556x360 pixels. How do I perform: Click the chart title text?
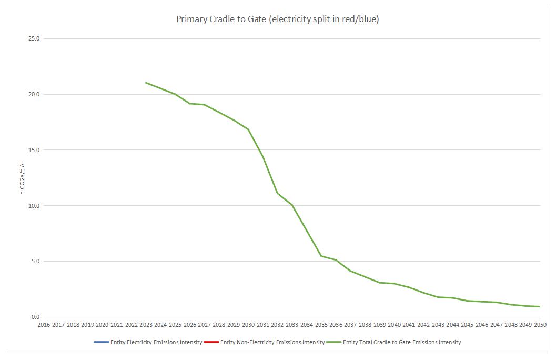click(277, 19)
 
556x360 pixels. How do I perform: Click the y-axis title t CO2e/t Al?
click(22, 178)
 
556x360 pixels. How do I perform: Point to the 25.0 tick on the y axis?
click(34, 39)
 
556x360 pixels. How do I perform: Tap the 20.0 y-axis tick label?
click(34, 95)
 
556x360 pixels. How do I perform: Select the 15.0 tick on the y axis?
click(34, 150)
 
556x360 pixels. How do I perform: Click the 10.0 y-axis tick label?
click(34, 206)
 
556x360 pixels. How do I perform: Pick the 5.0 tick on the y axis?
click(36, 262)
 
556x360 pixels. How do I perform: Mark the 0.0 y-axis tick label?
click(36, 317)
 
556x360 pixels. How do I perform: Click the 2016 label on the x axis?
click(44, 325)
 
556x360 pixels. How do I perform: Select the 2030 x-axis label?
click(248, 325)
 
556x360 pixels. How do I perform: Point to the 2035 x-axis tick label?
click(321, 325)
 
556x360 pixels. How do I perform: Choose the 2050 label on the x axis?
click(540, 325)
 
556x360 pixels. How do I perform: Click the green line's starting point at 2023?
click(146, 83)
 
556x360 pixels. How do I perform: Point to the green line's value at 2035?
click(321, 256)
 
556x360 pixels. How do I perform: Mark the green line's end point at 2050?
click(540, 307)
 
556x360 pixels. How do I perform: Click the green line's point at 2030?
click(248, 129)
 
